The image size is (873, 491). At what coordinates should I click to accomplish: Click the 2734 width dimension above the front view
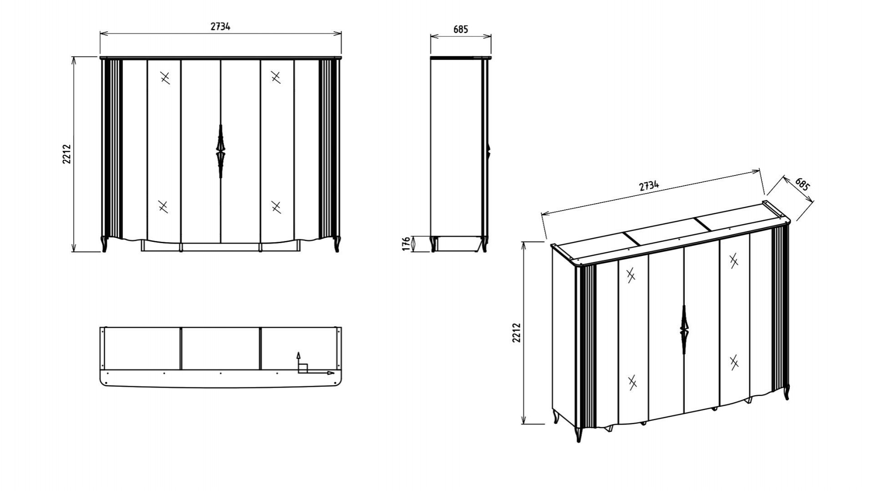coord(220,26)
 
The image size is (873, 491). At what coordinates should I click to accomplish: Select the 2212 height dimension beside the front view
coord(67,154)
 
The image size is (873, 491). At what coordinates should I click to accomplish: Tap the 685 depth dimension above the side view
coord(460,30)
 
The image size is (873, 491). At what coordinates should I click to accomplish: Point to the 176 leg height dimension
coord(406,244)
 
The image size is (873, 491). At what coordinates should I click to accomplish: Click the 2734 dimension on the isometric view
coord(649,185)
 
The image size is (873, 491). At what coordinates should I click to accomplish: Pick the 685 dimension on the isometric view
coord(803,184)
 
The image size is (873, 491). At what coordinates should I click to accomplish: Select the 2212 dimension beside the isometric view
coord(516,333)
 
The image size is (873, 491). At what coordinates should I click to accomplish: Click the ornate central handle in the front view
coord(221,150)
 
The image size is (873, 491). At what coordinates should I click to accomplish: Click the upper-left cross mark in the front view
coord(165,78)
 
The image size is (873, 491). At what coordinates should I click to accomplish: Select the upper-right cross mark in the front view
coord(276,77)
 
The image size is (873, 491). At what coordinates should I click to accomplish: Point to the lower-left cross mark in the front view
coord(163,206)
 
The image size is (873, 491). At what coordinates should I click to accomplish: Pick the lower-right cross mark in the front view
coord(276,207)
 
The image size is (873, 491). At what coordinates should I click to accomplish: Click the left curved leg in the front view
coord(105,244)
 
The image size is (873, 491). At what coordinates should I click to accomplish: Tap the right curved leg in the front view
coord(337,244)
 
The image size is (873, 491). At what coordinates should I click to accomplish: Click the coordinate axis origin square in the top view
coord(303,369)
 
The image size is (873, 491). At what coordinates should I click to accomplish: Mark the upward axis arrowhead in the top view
coord(298,354)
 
